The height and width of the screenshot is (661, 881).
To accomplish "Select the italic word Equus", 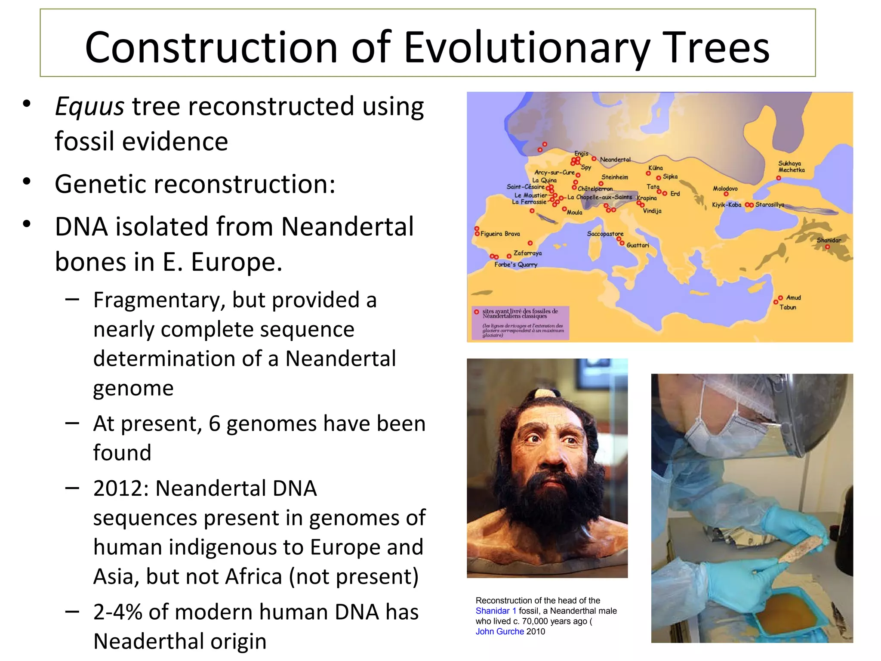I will pos(89,106).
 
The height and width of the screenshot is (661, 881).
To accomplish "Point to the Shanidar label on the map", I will pos(829,240).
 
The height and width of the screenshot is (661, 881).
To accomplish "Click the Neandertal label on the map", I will pos(615,160).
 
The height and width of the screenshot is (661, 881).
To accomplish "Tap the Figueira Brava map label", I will pos(500,234).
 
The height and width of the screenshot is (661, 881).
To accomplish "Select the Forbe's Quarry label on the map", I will pos(515,265).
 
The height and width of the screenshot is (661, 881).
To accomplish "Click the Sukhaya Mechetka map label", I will pos(791,167).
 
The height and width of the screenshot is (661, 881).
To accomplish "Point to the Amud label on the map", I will pos(793,297).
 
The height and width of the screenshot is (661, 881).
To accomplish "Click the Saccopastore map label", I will pos(605,234).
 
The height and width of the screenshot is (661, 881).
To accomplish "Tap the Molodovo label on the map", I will pos(725,188).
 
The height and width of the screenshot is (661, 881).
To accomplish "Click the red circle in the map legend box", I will pos(476,312).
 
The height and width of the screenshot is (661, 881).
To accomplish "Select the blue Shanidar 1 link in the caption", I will pos(496,611).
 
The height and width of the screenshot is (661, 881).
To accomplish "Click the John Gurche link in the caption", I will pos(499,631).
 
